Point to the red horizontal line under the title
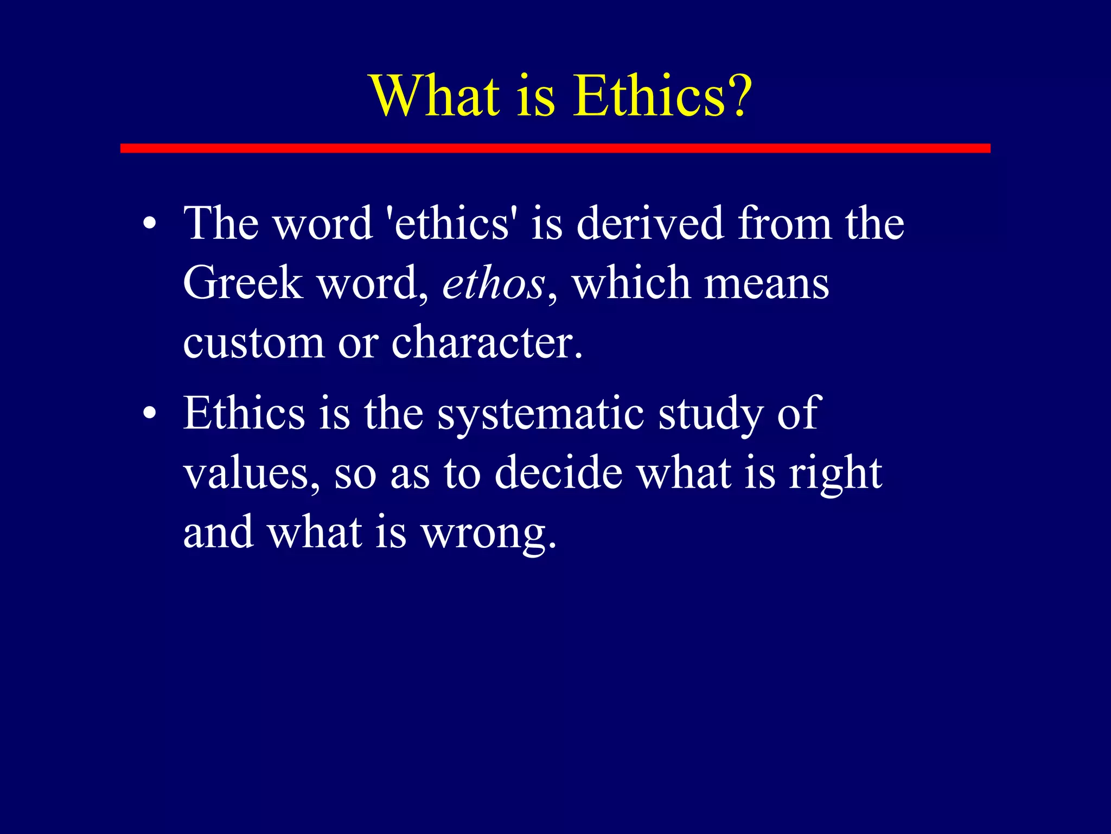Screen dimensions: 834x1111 (555, 148)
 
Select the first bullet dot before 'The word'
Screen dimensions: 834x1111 (150, 224)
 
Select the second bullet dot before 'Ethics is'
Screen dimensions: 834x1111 (150, 414)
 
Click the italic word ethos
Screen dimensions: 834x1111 (493, 284)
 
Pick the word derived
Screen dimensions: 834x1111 (650, 224)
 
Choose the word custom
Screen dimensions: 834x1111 (253, 344)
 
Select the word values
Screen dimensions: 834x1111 (249, 473)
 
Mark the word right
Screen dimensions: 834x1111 (835, 475)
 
